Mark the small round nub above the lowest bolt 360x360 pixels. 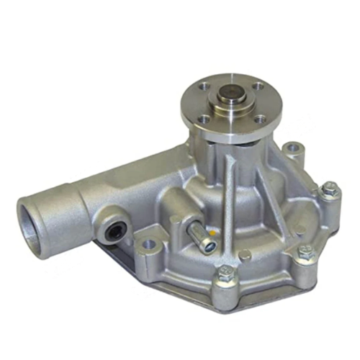[246, 254]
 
